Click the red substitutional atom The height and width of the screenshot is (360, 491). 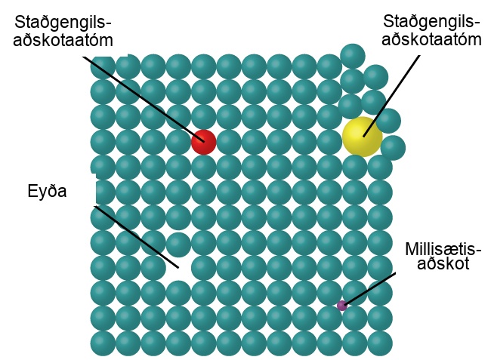pos(203,142)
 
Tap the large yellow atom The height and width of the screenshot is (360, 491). pos(363,137)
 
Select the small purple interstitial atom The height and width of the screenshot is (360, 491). pos(342,305)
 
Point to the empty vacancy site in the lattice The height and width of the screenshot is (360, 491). pos(178,268)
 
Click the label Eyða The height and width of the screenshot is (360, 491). pos(48,190)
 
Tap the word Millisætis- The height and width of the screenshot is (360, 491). pos(443,249)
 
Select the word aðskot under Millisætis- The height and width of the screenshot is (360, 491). pos(443,263)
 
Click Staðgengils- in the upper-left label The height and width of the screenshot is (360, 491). pos(63,22)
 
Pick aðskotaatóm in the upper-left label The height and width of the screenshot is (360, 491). pos(63,40)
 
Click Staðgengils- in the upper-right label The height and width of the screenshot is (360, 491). pos(431,22)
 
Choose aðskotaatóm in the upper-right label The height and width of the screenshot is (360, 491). pos(431,39)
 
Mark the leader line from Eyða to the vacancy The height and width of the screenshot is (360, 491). pos(136,237)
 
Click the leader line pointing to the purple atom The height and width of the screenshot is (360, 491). pos(369,289)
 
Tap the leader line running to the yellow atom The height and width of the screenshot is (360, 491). pos(391,96)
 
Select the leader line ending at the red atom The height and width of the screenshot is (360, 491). pos(143,99)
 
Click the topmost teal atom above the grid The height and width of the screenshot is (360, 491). pos(353,57)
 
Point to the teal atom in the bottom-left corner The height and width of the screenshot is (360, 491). pos(103,343)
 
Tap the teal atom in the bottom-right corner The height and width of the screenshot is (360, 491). pos(380,343)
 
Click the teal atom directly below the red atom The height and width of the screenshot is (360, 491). pos(203,168)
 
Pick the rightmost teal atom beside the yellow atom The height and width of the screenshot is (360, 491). pos(393,148)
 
